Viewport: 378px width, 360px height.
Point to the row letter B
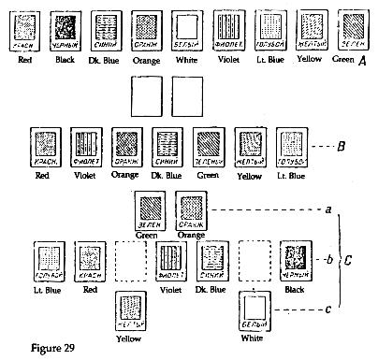coord(345,149)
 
